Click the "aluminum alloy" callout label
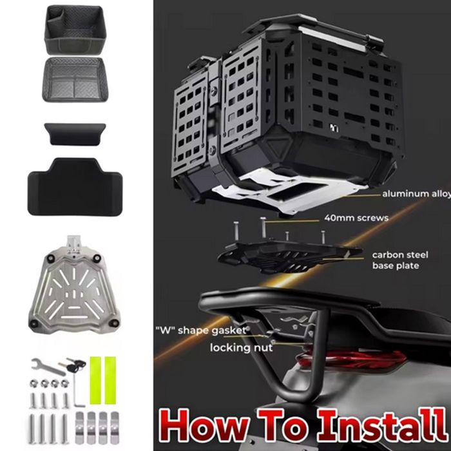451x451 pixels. (416, 194)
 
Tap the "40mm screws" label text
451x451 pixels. (356, 218)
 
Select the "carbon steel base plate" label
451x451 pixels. (400, 260)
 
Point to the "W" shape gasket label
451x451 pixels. (201, 330)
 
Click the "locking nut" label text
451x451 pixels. (241, 348)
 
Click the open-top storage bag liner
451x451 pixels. (75, 30)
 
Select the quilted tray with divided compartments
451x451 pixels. (75, 79)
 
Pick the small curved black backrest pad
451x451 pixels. (75, 134)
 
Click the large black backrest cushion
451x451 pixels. (75, 187)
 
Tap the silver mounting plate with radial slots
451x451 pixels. (73, 291)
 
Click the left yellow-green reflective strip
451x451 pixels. (95, 380)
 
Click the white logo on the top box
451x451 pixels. (334, 128)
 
